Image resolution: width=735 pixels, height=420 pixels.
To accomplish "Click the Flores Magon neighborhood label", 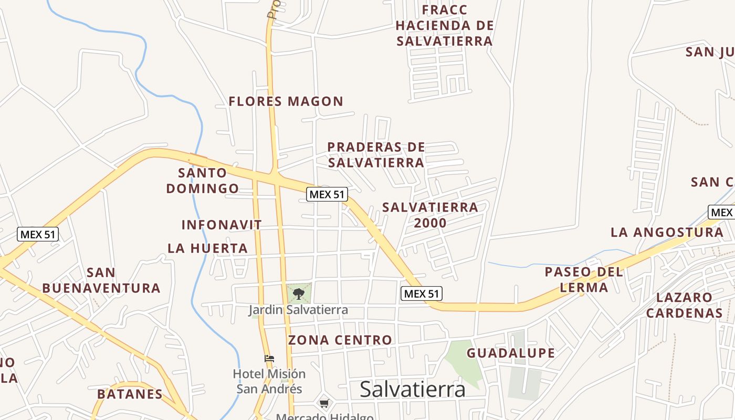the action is point(286,101).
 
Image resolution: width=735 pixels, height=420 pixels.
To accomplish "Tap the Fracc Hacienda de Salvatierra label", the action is point(444,25).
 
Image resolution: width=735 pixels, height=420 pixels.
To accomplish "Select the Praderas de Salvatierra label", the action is point(376,155).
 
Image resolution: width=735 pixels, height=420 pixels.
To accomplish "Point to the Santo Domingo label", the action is point(203,180).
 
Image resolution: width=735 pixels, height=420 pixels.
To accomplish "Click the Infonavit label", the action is point(222,225).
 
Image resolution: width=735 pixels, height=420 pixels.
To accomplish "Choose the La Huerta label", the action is point(207,248).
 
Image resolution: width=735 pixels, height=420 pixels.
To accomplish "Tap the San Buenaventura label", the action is point(101,280).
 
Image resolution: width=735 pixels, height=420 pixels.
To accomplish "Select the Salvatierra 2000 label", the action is point(430,215).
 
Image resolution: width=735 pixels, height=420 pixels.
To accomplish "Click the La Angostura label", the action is point(667,232).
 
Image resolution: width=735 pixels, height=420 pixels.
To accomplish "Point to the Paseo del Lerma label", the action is point(584,279).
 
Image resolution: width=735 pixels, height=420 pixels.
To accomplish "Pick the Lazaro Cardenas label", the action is point(684,305).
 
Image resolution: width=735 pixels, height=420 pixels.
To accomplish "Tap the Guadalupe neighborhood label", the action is point(510,353).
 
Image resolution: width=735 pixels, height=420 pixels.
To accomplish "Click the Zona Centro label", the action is point(340,340).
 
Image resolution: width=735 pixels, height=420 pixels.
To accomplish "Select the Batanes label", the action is point(130,394).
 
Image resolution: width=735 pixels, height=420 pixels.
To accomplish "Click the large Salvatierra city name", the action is point(412,390).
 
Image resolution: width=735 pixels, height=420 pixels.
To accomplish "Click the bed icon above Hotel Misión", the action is point(269,359).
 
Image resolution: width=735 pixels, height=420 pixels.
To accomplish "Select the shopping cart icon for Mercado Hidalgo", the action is point(324,404).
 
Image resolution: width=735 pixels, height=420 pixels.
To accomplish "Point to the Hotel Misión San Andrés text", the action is point(269,381).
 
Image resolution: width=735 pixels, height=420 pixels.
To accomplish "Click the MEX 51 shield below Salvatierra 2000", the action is point(421,294).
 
